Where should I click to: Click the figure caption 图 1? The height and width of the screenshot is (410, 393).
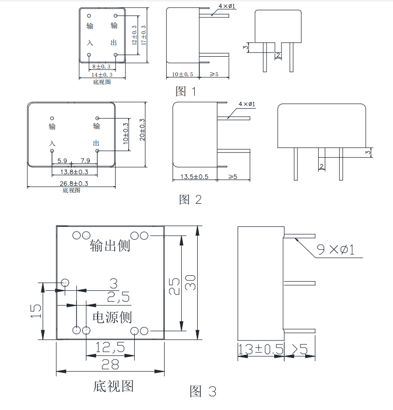tap(186, 92)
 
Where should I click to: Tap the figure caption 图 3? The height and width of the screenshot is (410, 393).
tap(203, 391)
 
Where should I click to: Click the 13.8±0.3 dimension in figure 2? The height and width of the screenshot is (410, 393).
tap(74, 172)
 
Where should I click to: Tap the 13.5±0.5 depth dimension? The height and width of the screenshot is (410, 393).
tap(194, 177)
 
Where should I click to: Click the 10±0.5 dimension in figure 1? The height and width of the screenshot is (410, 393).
tap(182, 75)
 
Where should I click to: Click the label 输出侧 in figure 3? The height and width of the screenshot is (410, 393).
tap(110, 245)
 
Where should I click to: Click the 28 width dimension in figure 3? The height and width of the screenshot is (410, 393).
tap(110, 365)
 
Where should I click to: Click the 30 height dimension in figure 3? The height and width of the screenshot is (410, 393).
tap(191, 283)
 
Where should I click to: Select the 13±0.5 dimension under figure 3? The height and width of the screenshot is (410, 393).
tap(261, 350)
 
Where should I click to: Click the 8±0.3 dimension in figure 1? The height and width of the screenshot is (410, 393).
tap(101, 67)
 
